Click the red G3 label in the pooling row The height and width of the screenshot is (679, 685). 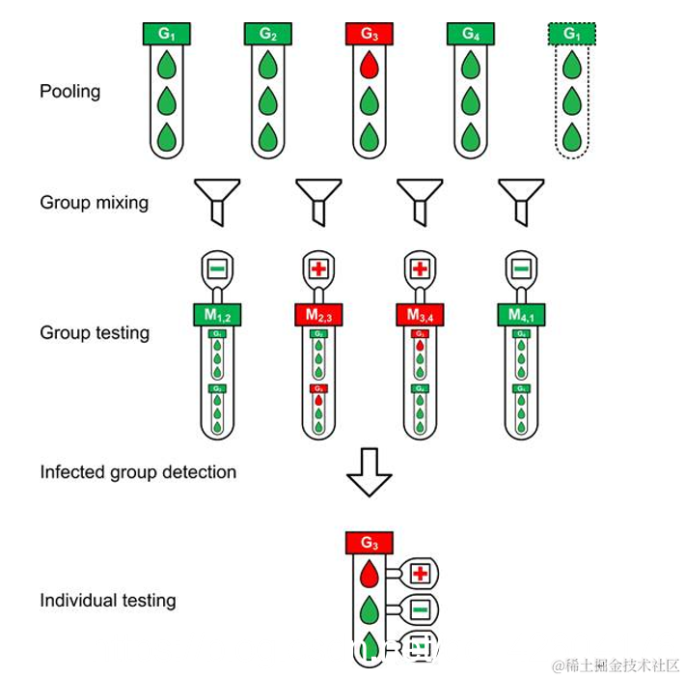(x=370, y=34)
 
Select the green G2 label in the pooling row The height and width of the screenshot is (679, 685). (x=268, y=34)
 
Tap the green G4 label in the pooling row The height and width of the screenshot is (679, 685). (x=470, y=34)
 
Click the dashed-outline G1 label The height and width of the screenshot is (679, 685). (x=572, y=34)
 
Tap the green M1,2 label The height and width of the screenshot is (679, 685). (x=217, y=314)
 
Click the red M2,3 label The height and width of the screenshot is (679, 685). (x=318, y=314)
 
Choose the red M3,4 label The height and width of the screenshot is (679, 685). (x=420, y=314)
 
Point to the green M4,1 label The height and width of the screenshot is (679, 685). (x=521, y=314)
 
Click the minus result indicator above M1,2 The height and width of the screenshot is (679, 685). (x=217, y=267)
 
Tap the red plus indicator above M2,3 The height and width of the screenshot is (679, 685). (x=318, y=267)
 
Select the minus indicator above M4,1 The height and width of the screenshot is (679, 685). (x=521, y=267)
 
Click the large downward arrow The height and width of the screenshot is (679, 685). (x=370, y=471)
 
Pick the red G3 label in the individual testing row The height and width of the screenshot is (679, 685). (x=370, y=543)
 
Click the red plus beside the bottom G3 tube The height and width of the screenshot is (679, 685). (x=420, y=574)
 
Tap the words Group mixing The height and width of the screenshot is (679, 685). (x=95, y=203)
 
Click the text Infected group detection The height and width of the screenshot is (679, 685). (x=138, y=472)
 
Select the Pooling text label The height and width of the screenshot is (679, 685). (x=69, y=92)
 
